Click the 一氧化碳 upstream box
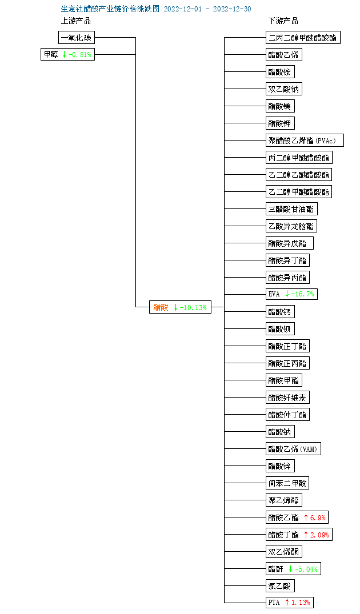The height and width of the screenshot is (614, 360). click(77, 38)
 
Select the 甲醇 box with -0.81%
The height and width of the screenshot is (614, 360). click(68, 54)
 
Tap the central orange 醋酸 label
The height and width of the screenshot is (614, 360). click(161, 307)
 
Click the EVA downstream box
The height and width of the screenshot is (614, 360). click(291, 294)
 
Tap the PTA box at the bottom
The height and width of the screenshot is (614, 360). click(290, 602)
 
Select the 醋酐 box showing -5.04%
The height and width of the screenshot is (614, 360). click(293, 569)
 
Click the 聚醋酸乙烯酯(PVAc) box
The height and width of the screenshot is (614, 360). click(305, 141)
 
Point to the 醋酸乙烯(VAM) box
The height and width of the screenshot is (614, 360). click(293, 449)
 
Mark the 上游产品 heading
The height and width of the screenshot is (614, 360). click(76, 21)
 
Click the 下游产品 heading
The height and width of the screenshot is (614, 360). click(283, 21)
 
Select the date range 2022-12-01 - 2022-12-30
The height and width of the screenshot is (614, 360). click(207, 9)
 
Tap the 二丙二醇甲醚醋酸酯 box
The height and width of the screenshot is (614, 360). click(303, 38)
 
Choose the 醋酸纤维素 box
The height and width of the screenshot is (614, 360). click(288, 398)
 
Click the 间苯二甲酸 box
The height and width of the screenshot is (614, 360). click(287, 483)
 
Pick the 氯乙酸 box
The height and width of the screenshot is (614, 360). click(280, 586)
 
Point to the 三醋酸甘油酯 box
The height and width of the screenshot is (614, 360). click(291, 209)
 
